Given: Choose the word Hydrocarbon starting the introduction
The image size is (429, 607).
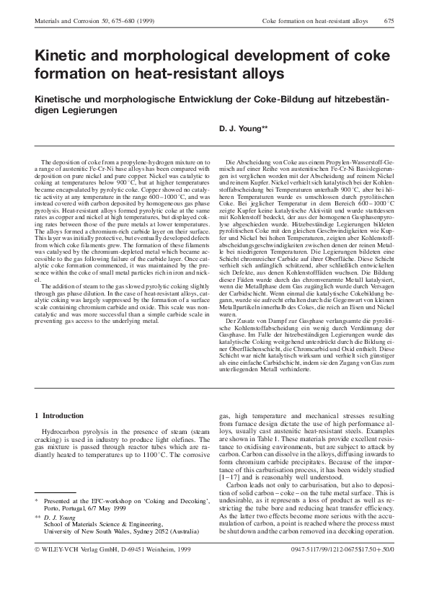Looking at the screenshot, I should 62,430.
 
